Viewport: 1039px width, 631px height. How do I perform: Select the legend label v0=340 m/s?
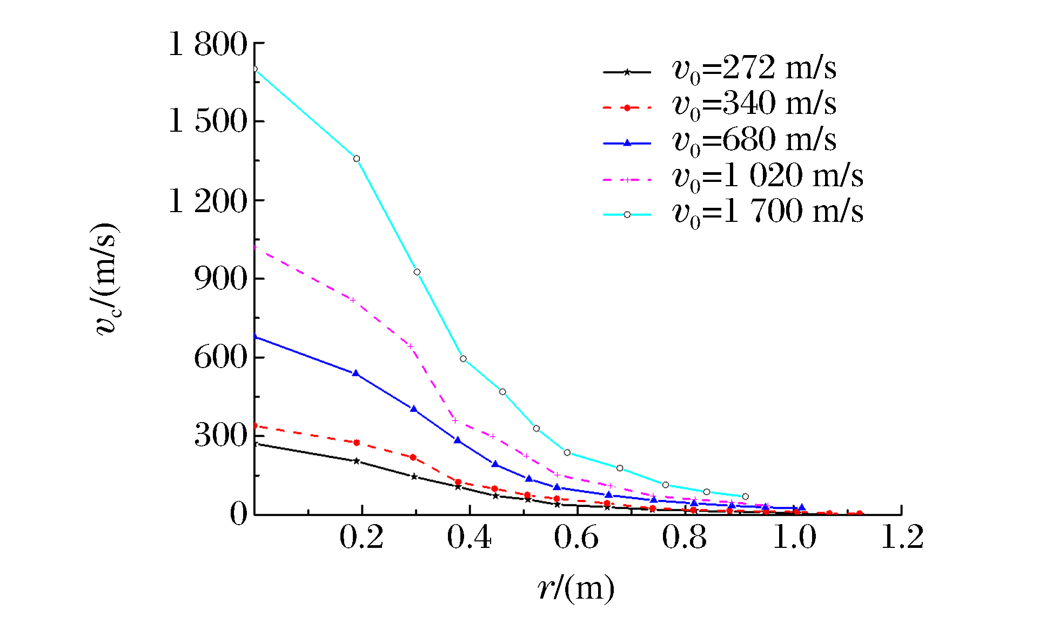(x=754, y=105)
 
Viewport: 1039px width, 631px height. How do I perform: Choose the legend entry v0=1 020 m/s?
(x=767, y=177)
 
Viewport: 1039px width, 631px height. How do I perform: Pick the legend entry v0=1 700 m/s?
(x=767, y=213)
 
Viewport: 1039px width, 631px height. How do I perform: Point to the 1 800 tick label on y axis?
(x=208, y=44)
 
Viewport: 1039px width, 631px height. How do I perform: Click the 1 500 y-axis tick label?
(x=208, y=121)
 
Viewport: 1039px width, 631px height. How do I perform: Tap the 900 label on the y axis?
(x=220, y=279)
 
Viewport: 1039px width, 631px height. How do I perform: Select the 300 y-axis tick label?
(x=220, y=435)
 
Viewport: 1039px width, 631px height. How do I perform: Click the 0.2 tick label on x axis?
(x=361, y=538)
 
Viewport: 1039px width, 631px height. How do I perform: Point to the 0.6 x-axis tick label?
(x=577, y=538)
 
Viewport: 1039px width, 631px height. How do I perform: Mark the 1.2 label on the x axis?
(x=902, y=538)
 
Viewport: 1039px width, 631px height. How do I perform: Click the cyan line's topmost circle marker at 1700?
(x=255, y=69)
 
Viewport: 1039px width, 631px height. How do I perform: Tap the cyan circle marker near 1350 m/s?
(x=357, y=159)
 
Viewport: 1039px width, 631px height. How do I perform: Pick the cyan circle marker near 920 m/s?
(x=417, y=272)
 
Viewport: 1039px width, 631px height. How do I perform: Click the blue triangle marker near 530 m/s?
(x=356, y=373)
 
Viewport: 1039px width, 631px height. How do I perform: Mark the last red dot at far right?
(x=860, y=514)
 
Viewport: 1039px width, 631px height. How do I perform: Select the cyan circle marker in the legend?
(x=627, y=215)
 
